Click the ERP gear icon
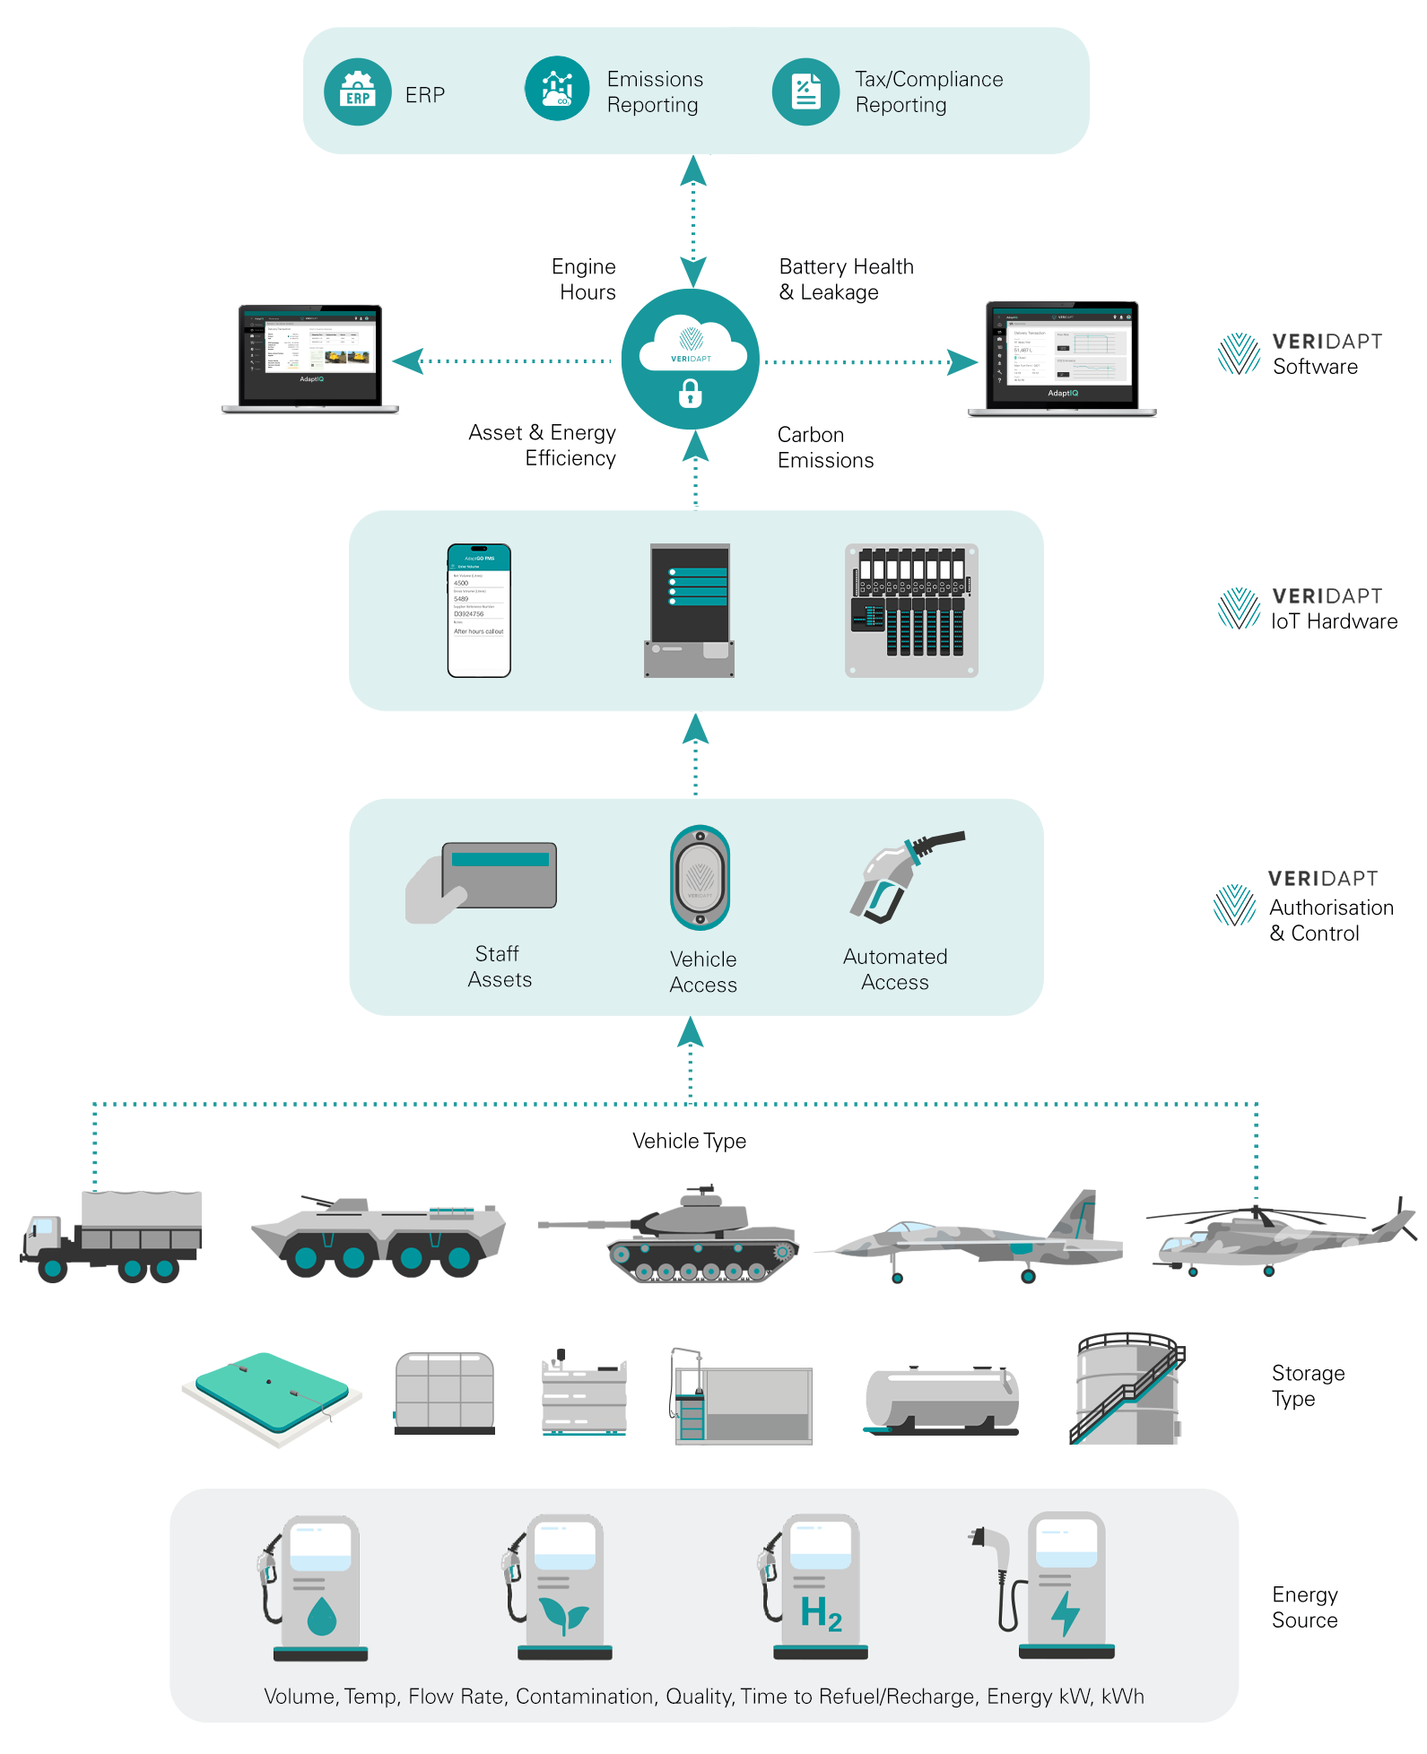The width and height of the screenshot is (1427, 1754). [357, 92]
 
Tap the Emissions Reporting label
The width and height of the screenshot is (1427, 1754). [655, 92]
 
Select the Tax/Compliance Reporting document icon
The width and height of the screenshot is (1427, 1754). [805, 92]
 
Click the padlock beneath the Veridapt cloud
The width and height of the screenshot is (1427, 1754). [690, 393]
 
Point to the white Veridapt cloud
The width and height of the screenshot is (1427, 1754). [692, 345]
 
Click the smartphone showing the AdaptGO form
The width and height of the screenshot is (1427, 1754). [479, 611]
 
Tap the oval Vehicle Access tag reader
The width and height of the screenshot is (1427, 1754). [700, 878]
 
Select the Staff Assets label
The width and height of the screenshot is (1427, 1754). [500, 967]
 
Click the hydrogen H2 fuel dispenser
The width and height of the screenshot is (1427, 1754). [818, 1587]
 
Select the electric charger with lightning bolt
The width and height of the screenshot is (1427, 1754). [1064, 1587]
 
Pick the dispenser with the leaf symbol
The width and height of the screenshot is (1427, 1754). [563, 1587]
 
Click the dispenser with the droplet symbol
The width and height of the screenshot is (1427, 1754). [319, 1587]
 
